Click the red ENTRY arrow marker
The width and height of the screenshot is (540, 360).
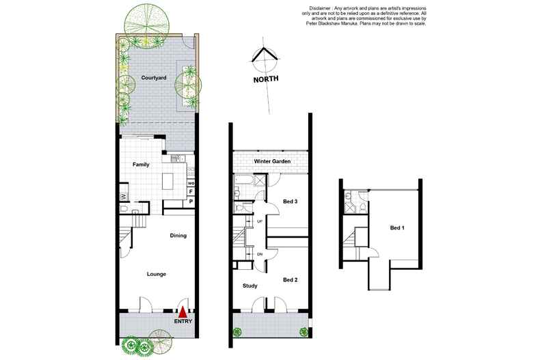(x=183, y=312)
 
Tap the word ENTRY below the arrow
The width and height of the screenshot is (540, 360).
(x=183, y=322)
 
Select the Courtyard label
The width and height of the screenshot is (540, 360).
(x=154, y=78)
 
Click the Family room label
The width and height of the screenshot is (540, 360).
(x=141, y=165)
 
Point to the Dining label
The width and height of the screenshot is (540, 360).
(x=178, y=236)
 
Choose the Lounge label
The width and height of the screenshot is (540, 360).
(x=157, y=275)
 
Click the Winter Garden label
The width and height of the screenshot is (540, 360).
(x=272, y=161)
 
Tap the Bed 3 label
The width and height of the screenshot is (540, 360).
(x=290, y=202)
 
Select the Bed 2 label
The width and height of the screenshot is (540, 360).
(x=290, y=280)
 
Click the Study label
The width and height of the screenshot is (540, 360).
(x=249, y=286)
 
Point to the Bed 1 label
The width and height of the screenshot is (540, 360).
(x=397, y=228)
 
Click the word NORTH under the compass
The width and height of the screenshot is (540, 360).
(x=265, y=79)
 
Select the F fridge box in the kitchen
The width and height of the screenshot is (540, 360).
(x=191, y=192)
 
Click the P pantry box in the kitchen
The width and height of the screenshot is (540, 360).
(x=191, y=202)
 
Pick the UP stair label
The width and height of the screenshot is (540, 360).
(x=260, y=221)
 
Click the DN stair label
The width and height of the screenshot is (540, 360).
(x=260, y=254)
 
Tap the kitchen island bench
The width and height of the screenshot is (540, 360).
(x=167, y=181)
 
